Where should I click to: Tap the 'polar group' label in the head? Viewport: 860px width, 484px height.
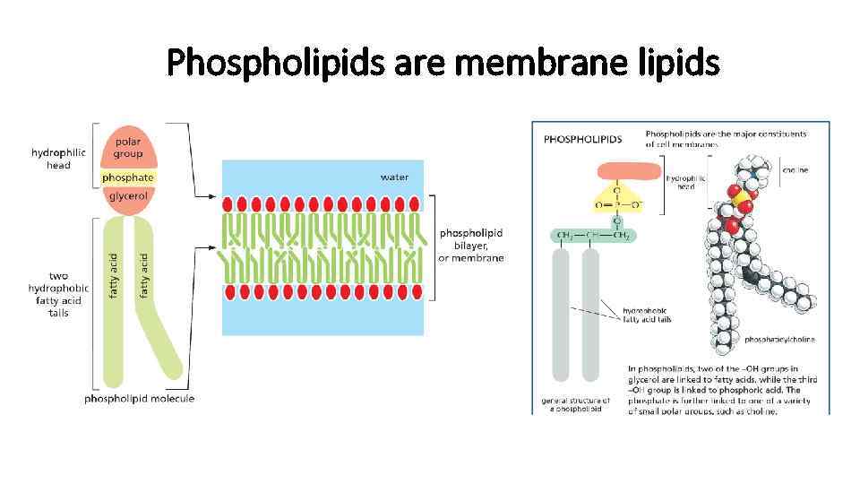[x=127, y=148]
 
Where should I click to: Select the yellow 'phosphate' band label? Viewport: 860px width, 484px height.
[x=127, y=177]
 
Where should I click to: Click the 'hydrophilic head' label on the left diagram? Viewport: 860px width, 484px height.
[x=58, y=159]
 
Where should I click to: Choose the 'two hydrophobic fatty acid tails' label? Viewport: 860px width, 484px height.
[x=58, y=295]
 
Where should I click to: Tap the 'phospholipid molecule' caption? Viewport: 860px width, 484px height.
[x=139, y=399]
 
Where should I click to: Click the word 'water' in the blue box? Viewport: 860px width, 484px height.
[x=394, y=177]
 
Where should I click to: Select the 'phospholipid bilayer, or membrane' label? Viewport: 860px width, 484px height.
[x=471, y=246]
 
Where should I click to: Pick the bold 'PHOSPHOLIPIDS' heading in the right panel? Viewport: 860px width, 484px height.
[x=583, y=139]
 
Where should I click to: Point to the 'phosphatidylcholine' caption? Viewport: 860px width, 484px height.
[x=779, y=341]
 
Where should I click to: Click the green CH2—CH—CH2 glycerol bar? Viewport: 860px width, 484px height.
[x=592, y=235]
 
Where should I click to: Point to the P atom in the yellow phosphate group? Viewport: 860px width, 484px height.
[x=616, y=204]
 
